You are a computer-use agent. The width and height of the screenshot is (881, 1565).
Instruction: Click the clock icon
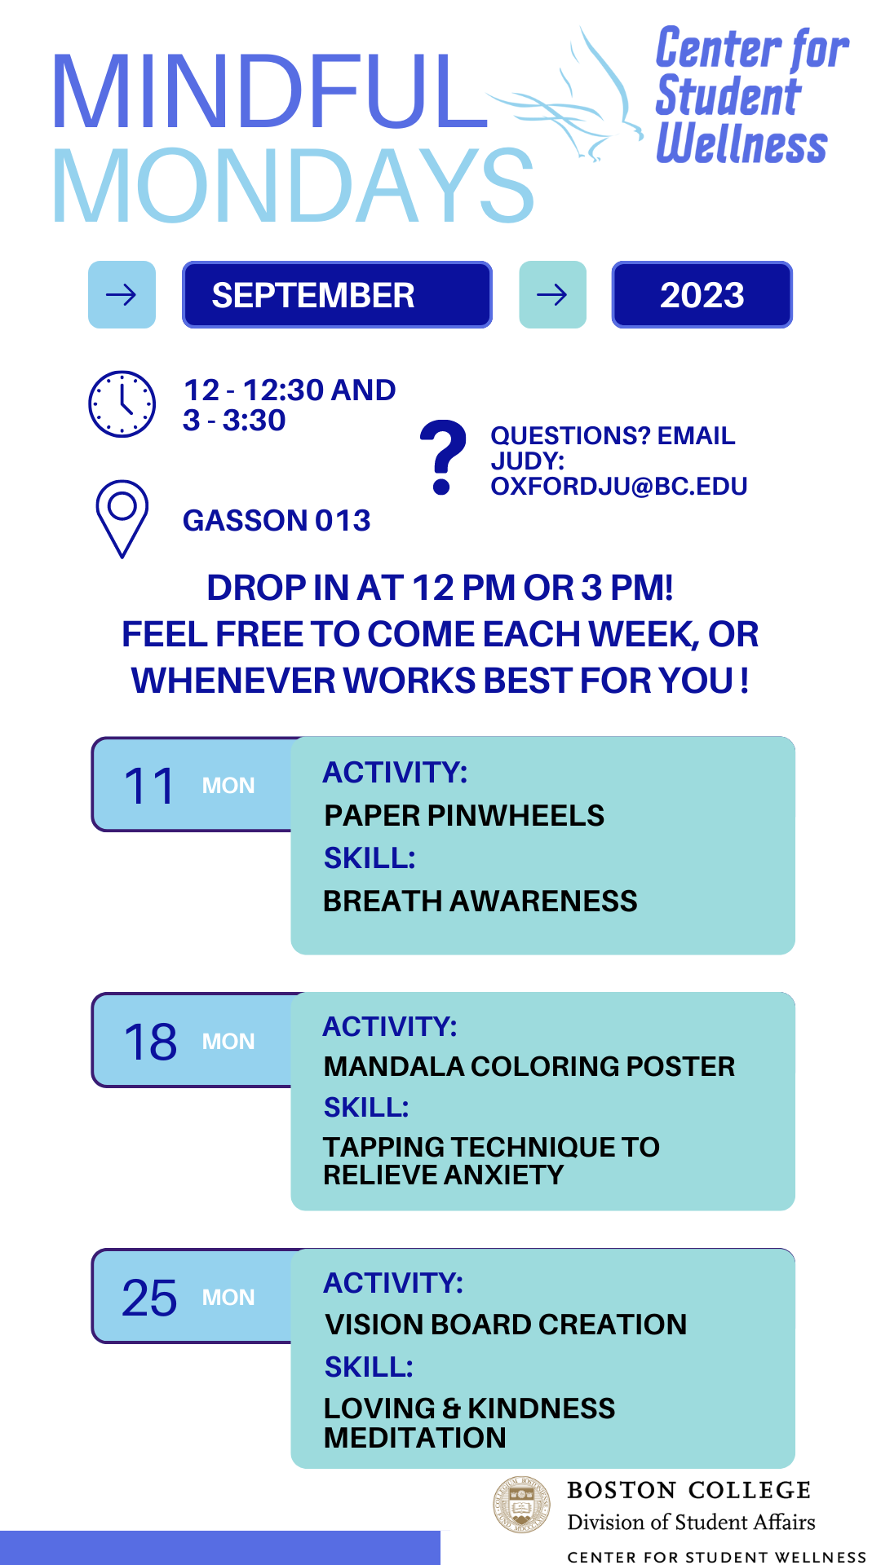click(122, 403)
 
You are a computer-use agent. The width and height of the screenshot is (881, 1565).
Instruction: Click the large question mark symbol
click(443, 457)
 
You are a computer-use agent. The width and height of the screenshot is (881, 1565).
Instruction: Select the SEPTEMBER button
click(337, 295)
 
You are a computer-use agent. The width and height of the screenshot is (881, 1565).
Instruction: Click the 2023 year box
click(702, 295)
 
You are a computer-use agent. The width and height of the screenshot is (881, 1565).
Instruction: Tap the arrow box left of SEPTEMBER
click(122, 295)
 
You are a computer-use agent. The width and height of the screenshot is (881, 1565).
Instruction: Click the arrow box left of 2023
click(553, 295)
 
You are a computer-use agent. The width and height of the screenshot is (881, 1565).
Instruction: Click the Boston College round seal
click(522, 1505)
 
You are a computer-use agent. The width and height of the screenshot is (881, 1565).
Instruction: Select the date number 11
click(149, 787)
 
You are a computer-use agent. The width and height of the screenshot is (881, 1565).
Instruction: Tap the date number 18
click(150, 1042)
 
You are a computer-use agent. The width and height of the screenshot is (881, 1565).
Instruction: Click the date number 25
click(149, 1298)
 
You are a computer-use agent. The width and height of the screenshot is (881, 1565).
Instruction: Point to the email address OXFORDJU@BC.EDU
click(619, 487)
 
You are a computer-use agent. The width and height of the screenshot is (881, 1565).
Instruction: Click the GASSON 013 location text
click(277, 521)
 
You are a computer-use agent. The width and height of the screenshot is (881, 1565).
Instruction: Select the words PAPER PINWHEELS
click(464, 816)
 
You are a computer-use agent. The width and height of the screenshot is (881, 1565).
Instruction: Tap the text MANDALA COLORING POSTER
click(529, 1066)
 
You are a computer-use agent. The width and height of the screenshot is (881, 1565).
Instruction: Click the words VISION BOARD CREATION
click(506, 1325)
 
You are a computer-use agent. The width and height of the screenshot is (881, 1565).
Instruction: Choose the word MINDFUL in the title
click(271, 91)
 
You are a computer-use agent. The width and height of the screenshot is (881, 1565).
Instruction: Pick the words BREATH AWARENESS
click(480, 902)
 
